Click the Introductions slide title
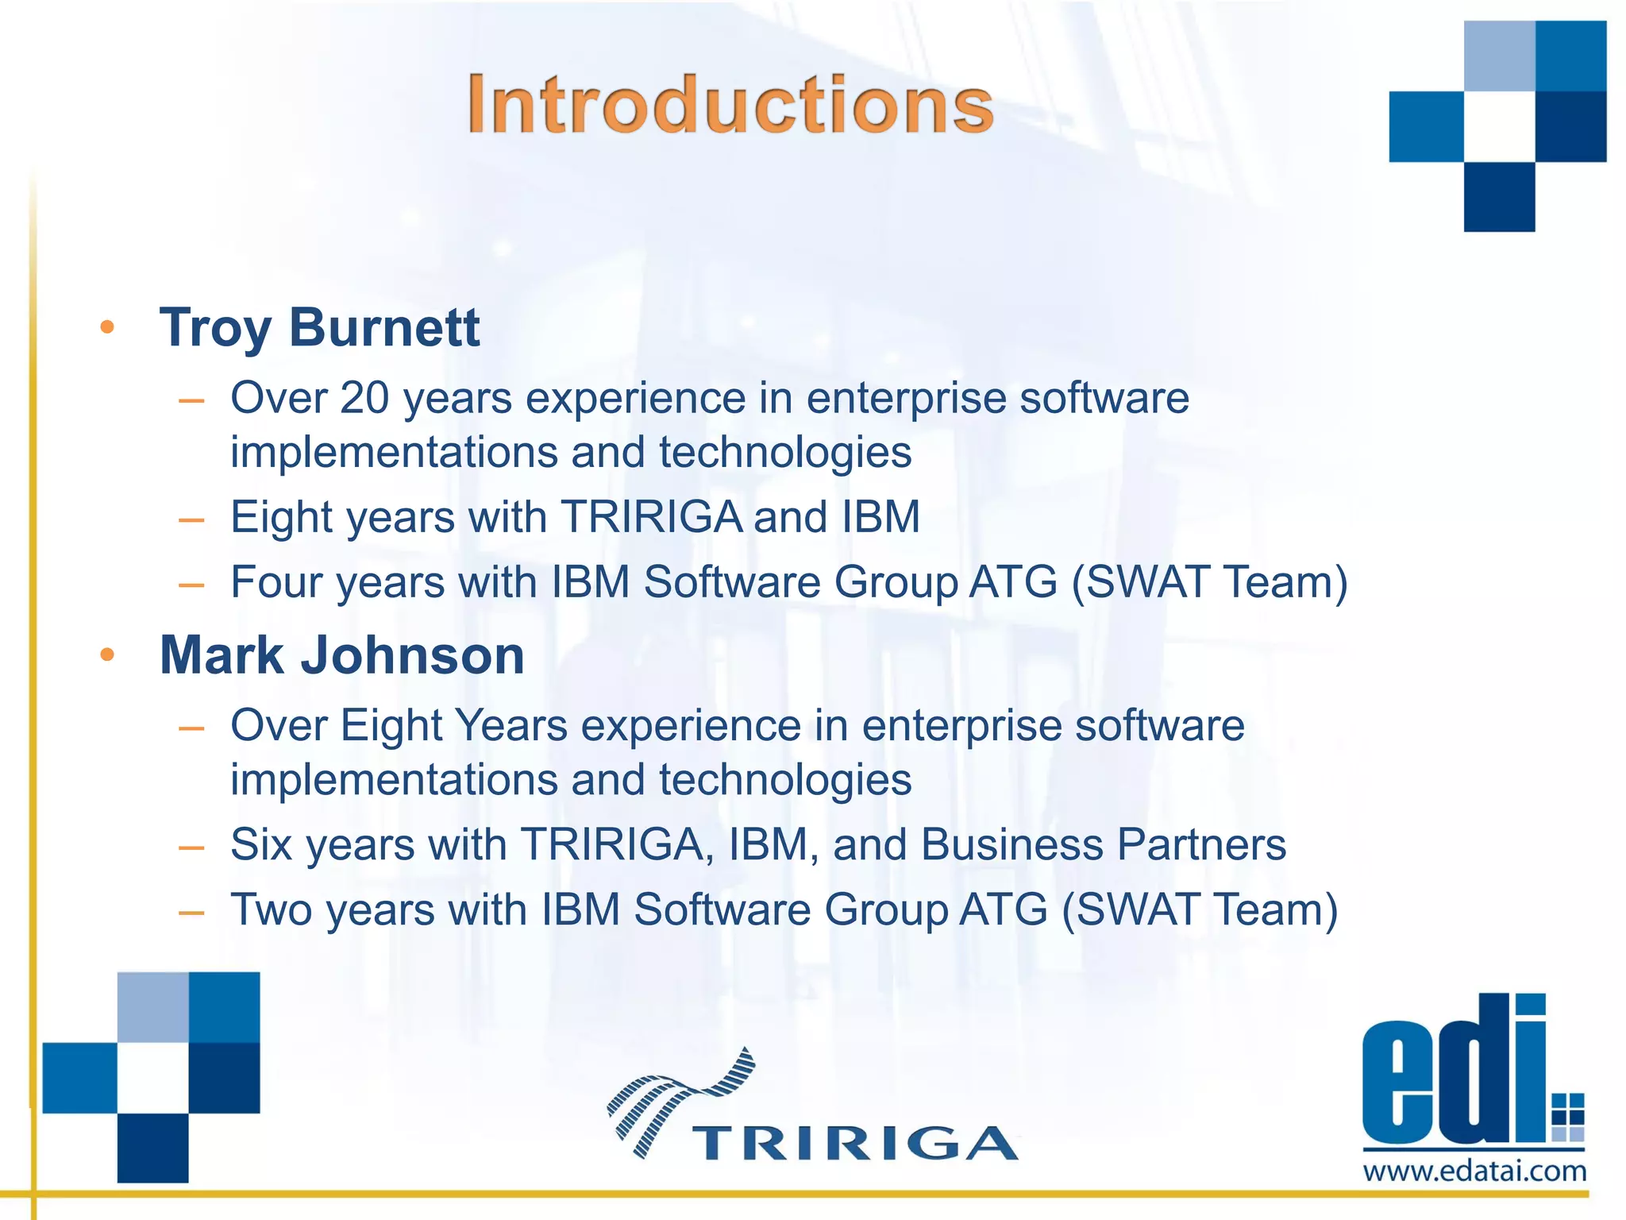(730, 105)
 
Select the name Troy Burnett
(319, 327)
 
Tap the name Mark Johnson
(341, 655)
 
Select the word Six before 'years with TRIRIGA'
(261, 844)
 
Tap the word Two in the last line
(271, 909)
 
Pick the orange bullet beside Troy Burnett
(107, 327)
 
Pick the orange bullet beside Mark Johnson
(107, 655)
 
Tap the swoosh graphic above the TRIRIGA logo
(681, 1096)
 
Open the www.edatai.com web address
(1474, 1172)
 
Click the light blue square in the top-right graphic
(1499, 56)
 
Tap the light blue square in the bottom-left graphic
(153, 1006)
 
